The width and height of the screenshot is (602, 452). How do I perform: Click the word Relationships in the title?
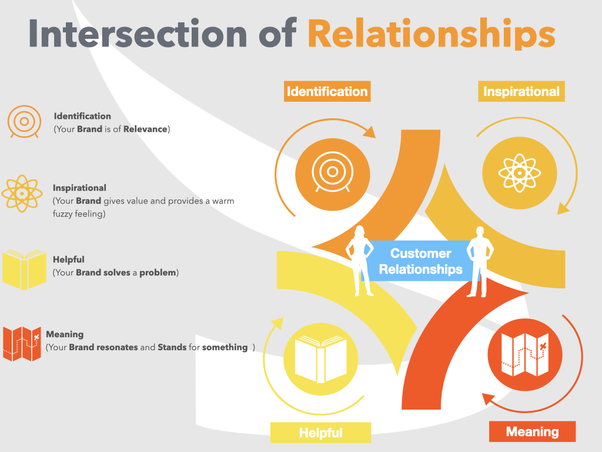tap(432, 34)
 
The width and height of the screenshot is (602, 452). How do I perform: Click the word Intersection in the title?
tap(138, 34)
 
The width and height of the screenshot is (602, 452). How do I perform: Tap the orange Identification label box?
tap(327, 91)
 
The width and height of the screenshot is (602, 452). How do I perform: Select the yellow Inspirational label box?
tap(521, 91)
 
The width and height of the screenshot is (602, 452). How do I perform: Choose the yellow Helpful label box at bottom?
tap(320, 433)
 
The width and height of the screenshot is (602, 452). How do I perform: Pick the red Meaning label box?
tap(532, 431)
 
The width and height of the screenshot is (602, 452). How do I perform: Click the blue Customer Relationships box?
tap(420, 261)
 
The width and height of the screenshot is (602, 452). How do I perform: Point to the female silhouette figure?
tap(359, 261)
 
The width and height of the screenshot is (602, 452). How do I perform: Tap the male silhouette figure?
tap(480, 262)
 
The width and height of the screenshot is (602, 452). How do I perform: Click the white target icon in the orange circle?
tap(333, 172)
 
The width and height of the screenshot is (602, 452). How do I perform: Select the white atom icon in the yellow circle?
tap(520, 173)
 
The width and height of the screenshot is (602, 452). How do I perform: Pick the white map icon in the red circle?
tap(525, 354)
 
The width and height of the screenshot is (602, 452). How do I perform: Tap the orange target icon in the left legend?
tap(24, 121)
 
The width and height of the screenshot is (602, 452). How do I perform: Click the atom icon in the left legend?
tap(22, 193)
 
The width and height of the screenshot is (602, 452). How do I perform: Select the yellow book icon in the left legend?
tap(24, 270)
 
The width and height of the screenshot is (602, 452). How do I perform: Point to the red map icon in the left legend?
tap(22, 344)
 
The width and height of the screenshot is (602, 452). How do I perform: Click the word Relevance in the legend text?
tap(145, 129)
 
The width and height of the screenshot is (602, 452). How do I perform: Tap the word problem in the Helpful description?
tap(158, 272)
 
